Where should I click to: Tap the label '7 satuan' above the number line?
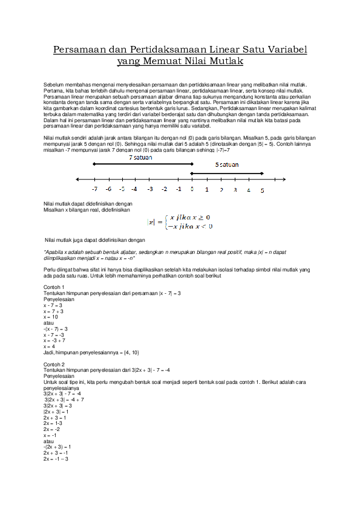pos(140,157)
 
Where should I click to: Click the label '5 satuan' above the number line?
pos(226,164)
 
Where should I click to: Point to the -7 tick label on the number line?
pos(95,189)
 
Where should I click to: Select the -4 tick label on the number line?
pos(134,189)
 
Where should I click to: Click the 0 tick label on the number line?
pos(192,189)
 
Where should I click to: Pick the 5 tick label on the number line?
pos(262,190)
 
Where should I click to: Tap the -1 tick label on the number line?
pos(178,189)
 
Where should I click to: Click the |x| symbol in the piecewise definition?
pos(151,222)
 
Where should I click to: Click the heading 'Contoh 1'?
pos(54,287)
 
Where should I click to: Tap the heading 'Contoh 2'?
pos(54,365)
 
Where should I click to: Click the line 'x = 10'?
pos(51,317)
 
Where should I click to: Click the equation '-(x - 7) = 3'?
pos(56,329)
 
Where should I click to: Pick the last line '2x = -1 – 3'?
pos(56,459)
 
